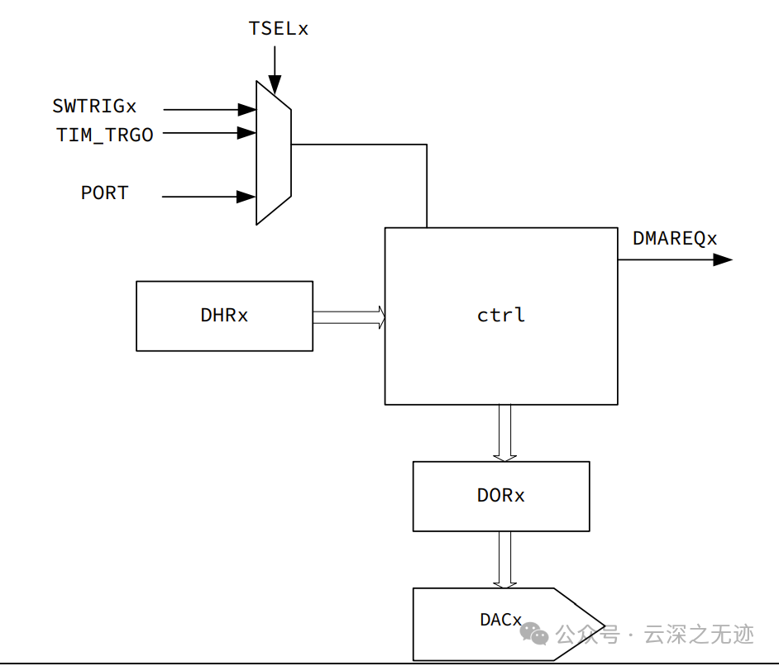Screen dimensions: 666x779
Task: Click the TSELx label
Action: coord(278,29)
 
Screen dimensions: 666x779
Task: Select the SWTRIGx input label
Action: coord(94,107)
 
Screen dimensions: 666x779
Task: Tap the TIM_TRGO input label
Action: coord(105,135)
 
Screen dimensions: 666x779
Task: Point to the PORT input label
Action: coord(105,193)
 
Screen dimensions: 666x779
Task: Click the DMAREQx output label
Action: coord(675,239)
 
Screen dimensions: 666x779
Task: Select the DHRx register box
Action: coord(224,316)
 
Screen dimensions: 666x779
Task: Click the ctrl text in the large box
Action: coord(501,316)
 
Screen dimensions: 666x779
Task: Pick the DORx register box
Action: coord(501,496)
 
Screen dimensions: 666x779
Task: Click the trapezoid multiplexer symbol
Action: coord(274,153)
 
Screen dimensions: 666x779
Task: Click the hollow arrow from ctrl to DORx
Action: coord(504,432)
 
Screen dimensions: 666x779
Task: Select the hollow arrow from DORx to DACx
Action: coord(504,559)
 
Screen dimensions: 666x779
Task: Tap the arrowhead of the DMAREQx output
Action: coord(723,259)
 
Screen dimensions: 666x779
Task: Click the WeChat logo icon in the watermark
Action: coord(533,634)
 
